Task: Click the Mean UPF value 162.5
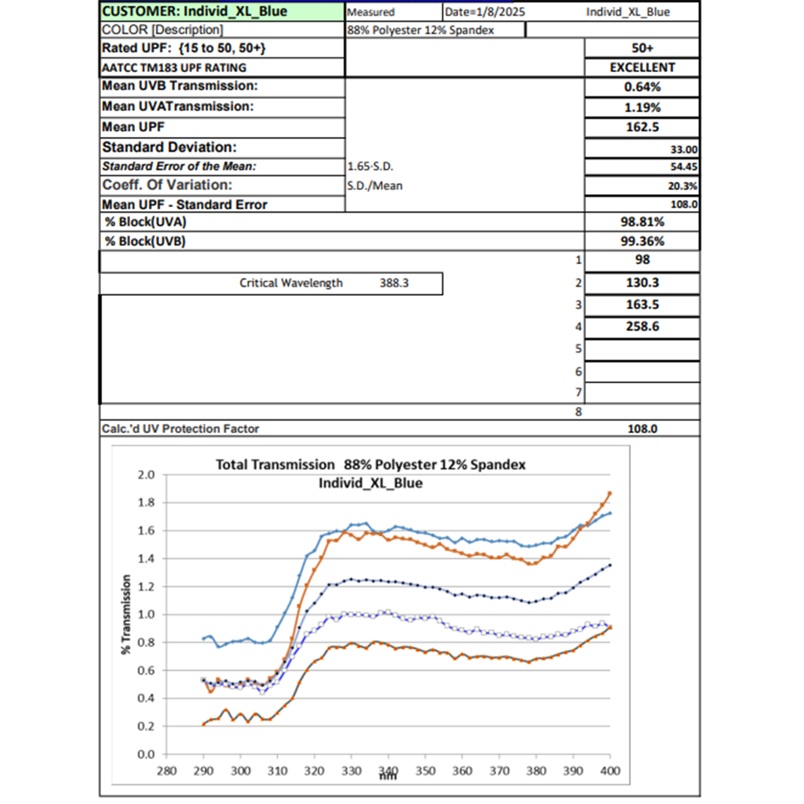pos(642,127)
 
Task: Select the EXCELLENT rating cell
pos(642,67)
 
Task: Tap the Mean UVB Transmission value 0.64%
pos(642,87)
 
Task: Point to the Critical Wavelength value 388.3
pos(394,283)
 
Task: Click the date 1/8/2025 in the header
pos(484,12)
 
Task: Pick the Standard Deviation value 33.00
pos(683,149)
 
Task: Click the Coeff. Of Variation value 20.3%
pos(682,186)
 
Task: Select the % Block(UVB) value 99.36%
pos(642,241)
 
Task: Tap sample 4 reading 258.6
pos(642,327)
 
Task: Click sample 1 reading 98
pos(642,260)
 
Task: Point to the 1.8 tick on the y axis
pos(146,502)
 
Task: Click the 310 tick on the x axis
pos(277,771)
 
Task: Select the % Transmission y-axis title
pos(126,614)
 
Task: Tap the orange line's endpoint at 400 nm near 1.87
pos(610,493)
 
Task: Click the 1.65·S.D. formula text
pos(370,166)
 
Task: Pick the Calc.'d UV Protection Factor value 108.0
pos(642,429)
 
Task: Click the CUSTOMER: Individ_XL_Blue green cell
pos(221,12)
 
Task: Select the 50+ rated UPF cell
pos(642,48)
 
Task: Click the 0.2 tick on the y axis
pos(146,726)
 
